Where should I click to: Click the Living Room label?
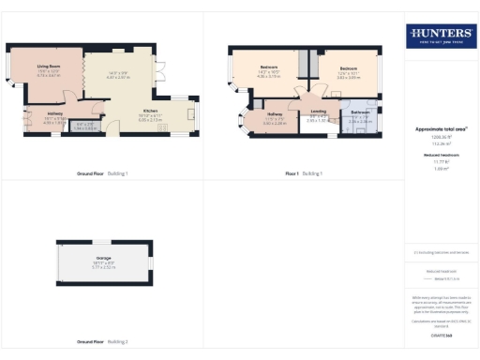tap(49, 67)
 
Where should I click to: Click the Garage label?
tap(103, 262)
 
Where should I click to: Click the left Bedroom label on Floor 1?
tap(268, 68)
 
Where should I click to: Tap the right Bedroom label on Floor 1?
tap(349, 68)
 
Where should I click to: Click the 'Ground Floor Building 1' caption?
tap(102, 173)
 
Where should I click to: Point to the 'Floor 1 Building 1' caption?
tap(305, 173)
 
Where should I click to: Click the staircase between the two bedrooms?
tap(305, 66)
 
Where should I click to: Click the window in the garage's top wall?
tap(105, 241)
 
